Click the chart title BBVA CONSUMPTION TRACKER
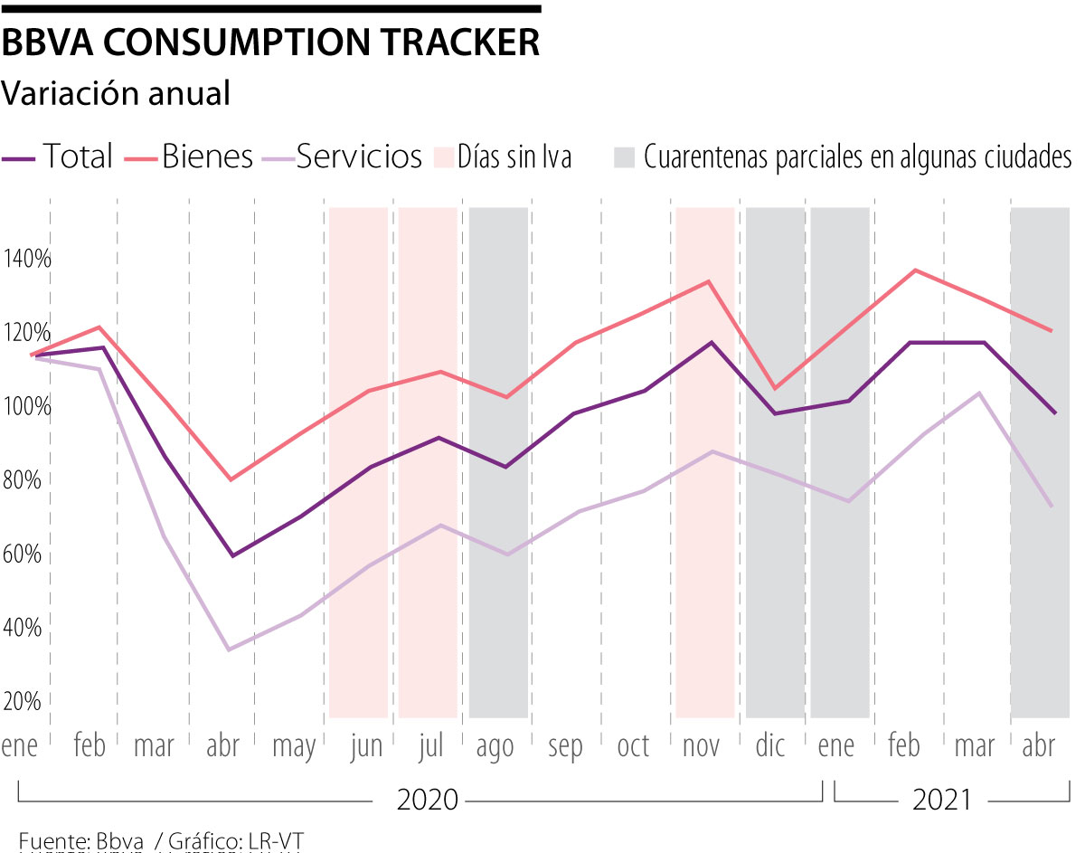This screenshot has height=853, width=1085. (x=271, y=43)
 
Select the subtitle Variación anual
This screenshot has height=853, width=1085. (x=116, y=93)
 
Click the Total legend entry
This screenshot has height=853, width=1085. (x=78, y=156)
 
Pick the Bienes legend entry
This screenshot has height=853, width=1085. (x=207, y=156)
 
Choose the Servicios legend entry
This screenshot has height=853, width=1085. (x=358, y=156)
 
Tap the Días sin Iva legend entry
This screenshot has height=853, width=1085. (x=514, y=156)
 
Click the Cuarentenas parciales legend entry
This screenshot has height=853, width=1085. (x=856, y=156)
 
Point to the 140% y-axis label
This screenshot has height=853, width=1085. (x=28, y=259)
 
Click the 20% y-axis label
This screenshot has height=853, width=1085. (x=28, y=701)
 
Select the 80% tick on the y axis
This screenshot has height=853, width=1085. (x=28, y=479)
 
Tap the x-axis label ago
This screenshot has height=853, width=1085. (x=495, y=747)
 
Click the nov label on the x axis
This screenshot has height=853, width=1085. (x=701, y=747)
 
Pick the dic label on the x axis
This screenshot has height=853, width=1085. (x=770, y=747)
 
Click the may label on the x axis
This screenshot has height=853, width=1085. (x=294, y=747)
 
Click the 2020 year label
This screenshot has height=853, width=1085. (x=428, y=800)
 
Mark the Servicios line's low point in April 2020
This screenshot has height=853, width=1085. (x=230, y=649)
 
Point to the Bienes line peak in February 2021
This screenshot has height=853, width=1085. (x=916, y=270)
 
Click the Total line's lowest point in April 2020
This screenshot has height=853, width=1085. (x=232, y=555)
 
